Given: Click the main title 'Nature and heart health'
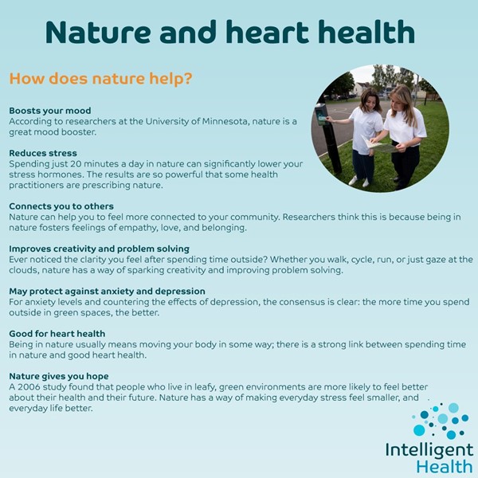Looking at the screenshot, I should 230,33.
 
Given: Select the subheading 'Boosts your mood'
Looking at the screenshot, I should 49,111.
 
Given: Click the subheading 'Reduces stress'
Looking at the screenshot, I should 43,153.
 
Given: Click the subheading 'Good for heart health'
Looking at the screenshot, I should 58,333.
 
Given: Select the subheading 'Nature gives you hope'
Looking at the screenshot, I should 59,375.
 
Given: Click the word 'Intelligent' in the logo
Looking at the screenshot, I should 429,449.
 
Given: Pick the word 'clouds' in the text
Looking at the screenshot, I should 24,270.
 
